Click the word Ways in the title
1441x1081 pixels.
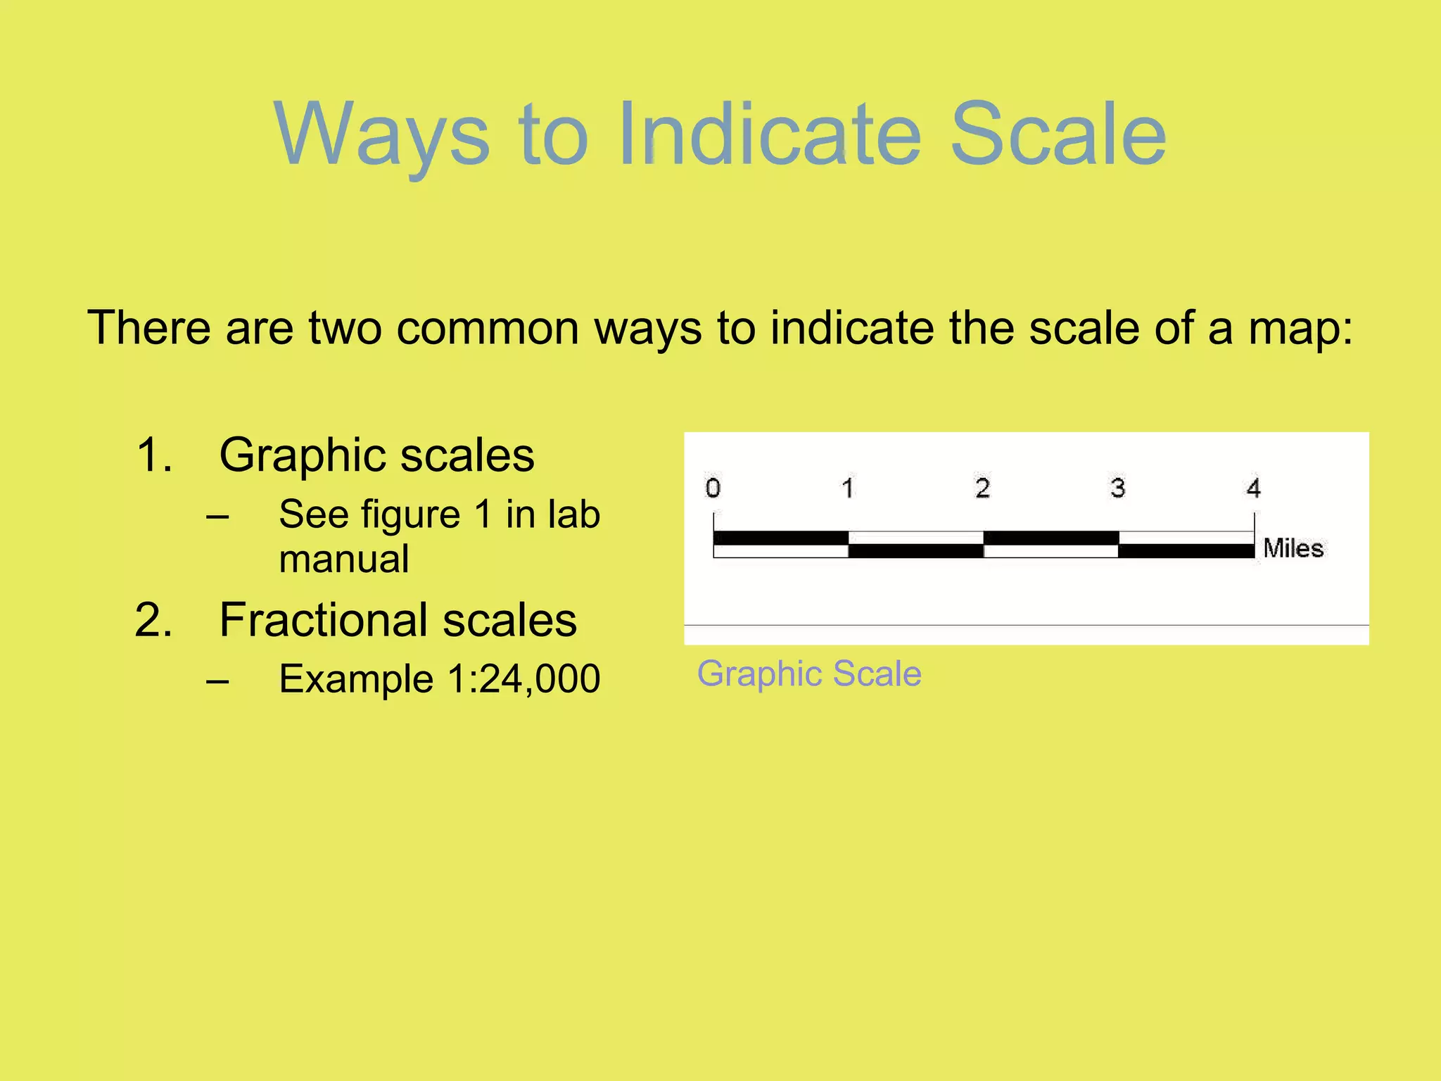coord(381,135)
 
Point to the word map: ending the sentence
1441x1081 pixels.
coord(1300,328)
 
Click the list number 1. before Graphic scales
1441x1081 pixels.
coord(155,455)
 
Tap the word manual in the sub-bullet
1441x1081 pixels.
coord(343,559)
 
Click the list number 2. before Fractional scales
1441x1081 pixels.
coord(153,620)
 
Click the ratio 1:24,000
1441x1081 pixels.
coord(523,679)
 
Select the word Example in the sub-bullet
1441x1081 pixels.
coord(355,679)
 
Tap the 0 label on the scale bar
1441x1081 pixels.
coord(713,488)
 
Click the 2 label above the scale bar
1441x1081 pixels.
coord(983,488)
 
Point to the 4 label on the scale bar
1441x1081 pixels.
coord(1253,488)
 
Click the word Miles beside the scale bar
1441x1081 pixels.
coord(1293,548)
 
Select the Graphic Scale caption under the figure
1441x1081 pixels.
coord(809,674)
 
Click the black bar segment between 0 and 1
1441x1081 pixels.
coord(781,538)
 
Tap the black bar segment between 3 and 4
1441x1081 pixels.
coord(1186,551)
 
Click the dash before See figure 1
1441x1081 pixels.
coord(218,516)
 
